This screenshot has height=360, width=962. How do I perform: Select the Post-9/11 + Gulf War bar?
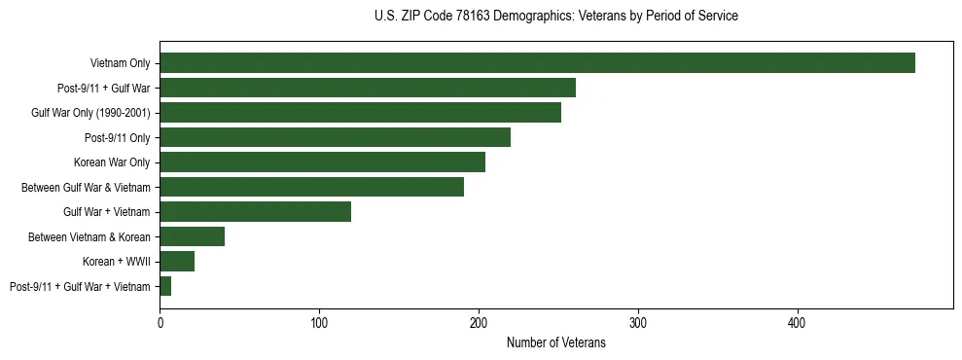click(x=368, y=89)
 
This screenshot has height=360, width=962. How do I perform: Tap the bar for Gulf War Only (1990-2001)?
click(x=360, y=113)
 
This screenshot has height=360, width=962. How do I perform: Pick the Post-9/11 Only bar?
click(x=335, y=137)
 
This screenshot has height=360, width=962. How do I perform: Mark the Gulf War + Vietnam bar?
click(x=255, y=212)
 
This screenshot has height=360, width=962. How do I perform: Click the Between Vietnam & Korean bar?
click(x=193, y=236)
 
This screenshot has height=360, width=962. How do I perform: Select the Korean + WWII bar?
click(x=177, y=262)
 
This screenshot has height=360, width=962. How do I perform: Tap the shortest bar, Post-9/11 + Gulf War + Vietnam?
click(x=165, y=286)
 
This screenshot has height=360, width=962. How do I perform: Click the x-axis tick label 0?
click(x=160, y=321)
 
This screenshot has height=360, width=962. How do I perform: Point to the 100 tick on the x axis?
click(x=319, y=321)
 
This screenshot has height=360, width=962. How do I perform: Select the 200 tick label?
click(x=479, y=321)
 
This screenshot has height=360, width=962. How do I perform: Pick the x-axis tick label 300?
click(x=638, y=321)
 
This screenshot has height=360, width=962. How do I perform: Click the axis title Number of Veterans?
click(x=555, y=342)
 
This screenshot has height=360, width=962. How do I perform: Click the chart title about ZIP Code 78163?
click(x=555, y=17)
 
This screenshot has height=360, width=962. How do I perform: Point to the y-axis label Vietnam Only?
click(x=121, y=63)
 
